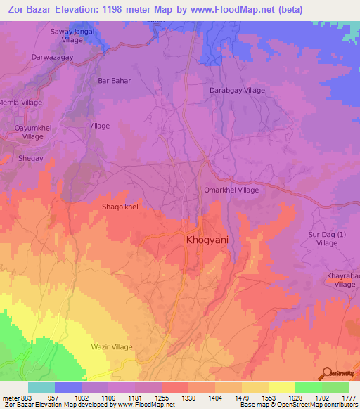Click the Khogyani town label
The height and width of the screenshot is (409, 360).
pyautogui.click(x=207, y=240)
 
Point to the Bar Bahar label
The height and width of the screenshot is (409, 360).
pyautogui.click(x=115, y=81)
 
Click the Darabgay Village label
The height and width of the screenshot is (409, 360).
pyautogui.click(x=238, y=91)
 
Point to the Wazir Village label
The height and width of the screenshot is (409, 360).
pyautogui.click(x=112, y=347)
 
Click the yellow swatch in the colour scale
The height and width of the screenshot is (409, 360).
pyautogui.click(x=281, y=387)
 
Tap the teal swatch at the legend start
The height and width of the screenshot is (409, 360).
pyautogui.click(x=41, y=387)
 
